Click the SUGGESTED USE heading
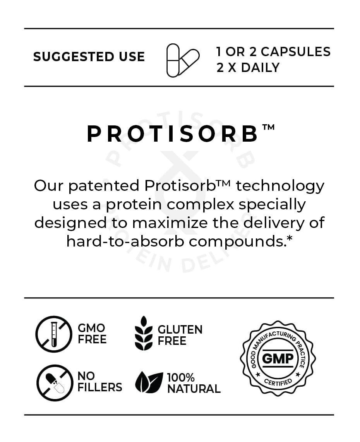tap(89, 57)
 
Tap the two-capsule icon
tap(182, 60)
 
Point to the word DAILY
tap(260, 68)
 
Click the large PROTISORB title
tap(173, 134)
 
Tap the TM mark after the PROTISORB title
tap(269, 127)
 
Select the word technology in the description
tap(280, 186)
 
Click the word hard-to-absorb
tap(127, 242)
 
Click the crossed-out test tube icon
tap(54, 334)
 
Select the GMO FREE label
tap(92, 334)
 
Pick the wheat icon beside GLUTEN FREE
tap(144, 334)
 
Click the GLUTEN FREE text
tap(180, 335)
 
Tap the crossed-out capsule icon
tap(54, 383)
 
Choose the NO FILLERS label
tap(99, 382)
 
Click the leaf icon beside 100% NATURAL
tap(149, 382)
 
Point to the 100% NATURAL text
tap(194, 383)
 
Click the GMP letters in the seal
tap(278, 359)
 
